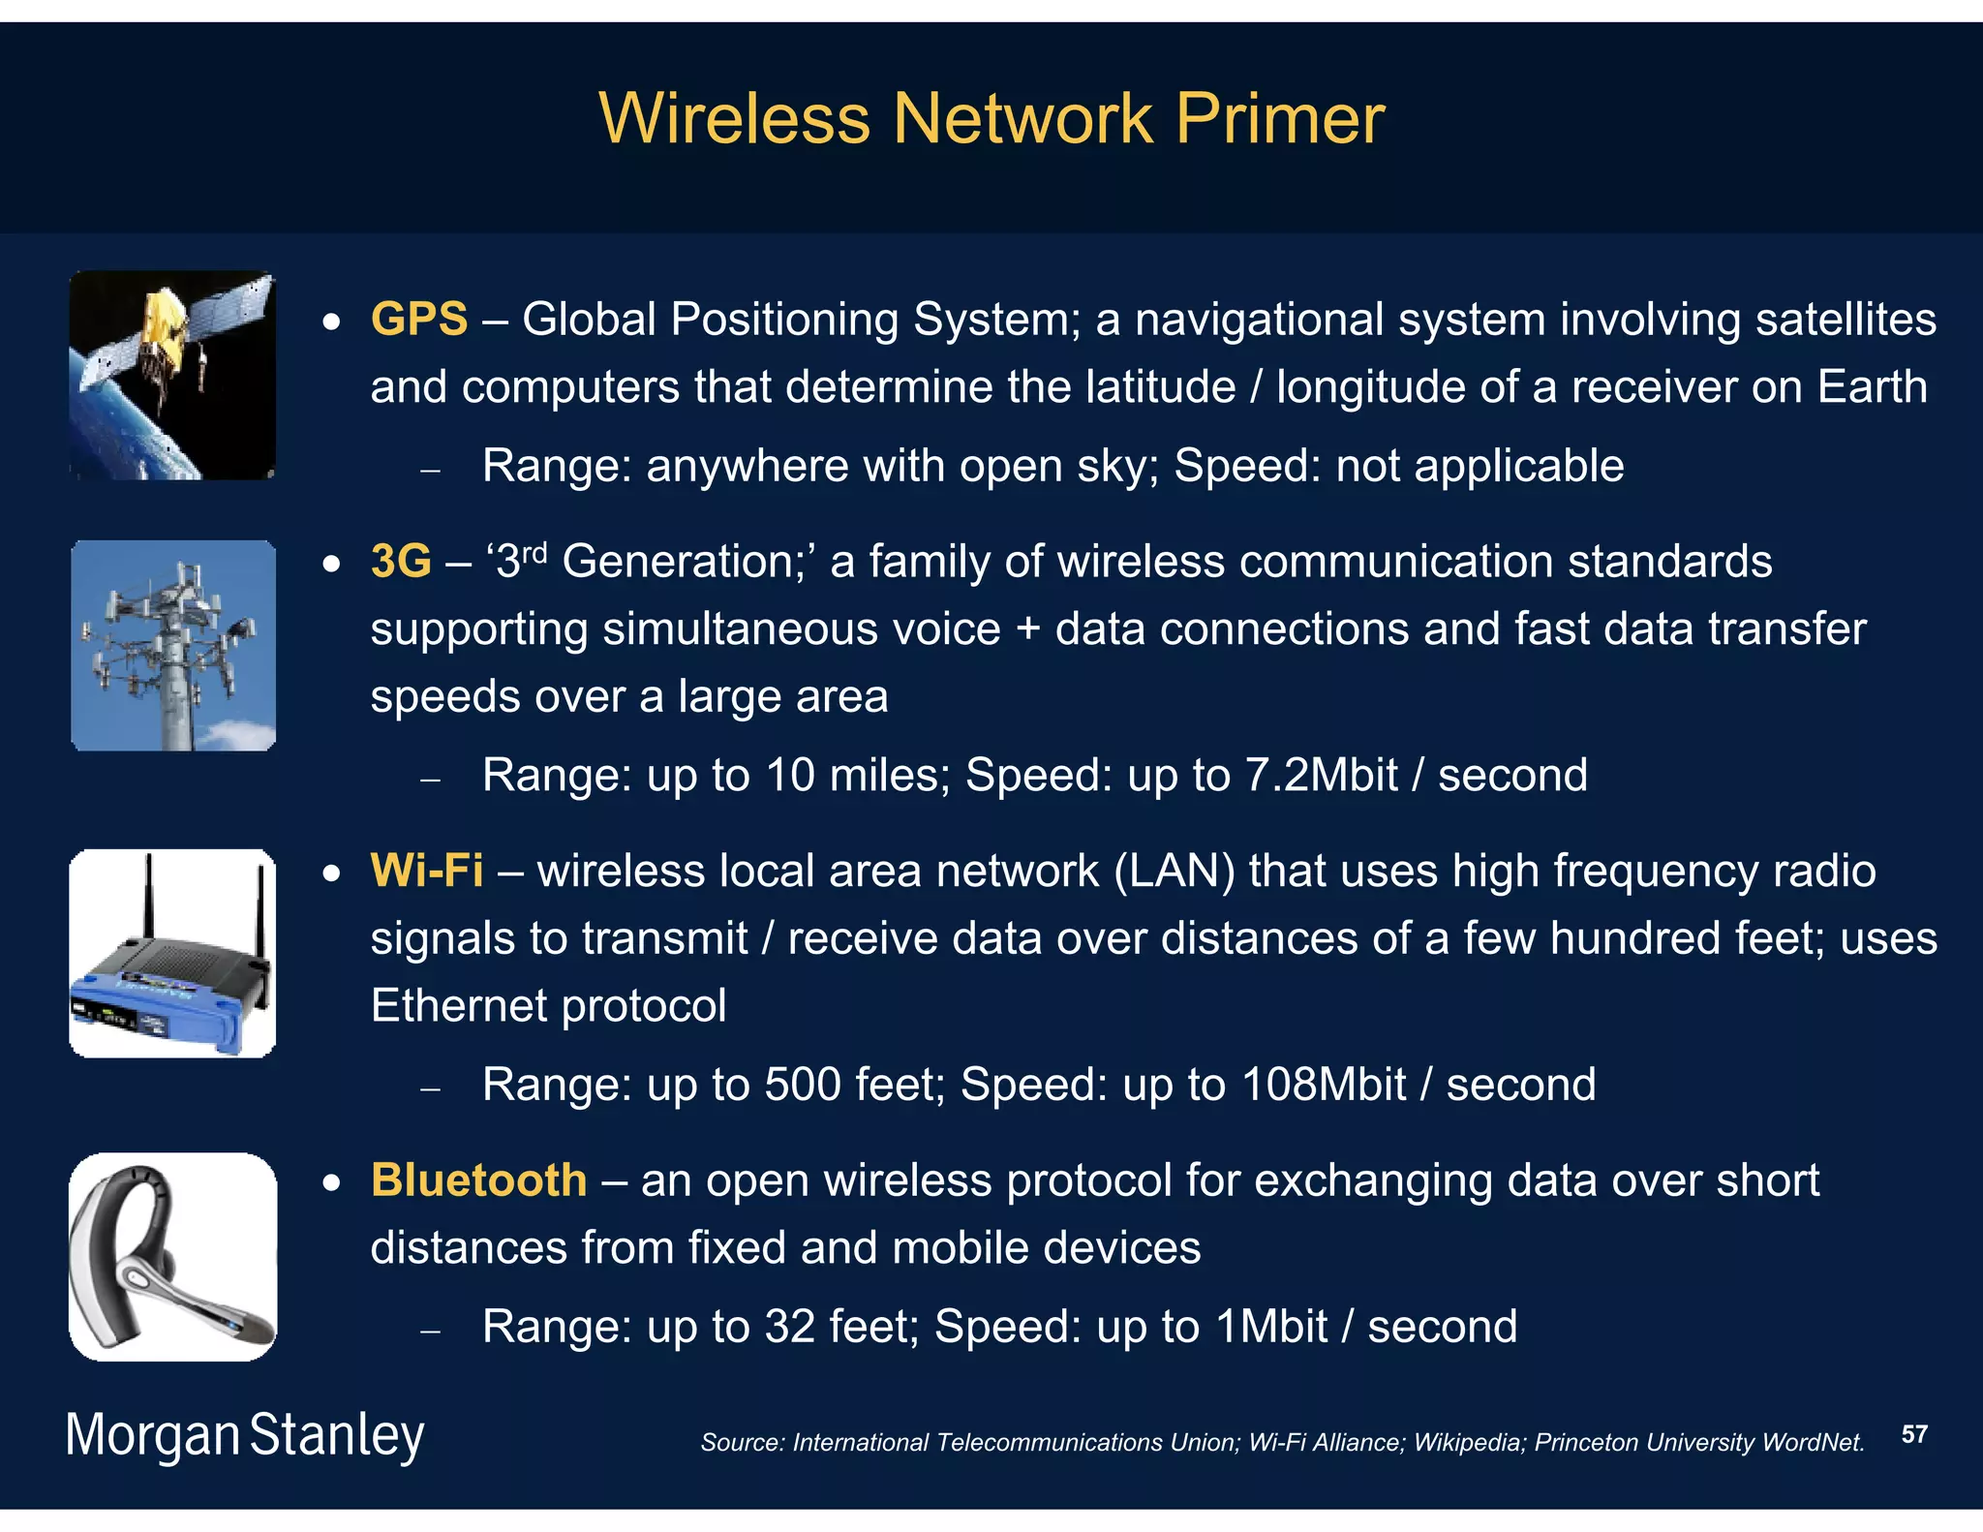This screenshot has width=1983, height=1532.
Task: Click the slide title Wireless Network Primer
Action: pyautogui.click(x=991, y=119)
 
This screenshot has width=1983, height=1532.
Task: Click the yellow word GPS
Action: pyautogui.click(x=418, y=319)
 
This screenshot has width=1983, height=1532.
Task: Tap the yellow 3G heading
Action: pyautogui.click(x=400, y=561)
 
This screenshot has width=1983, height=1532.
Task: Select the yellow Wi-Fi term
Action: pyautogui.click(x=426, y=871)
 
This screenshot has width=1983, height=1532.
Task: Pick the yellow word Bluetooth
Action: pyautogui.click(x=478, y=1180)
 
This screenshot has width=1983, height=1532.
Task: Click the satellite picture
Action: pyautogui.click(x=172, y=375)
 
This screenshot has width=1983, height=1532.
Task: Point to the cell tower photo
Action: pyautogui.click(x=173, y=645)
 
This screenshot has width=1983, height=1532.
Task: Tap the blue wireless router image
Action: pyautogui.click(x=172, y=953)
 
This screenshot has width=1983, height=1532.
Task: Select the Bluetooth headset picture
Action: pyautogui.click(x=172, y=1256)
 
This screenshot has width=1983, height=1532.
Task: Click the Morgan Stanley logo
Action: pyautogui.click(x=244, y=1435)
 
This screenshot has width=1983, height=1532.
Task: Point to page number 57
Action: pyautogui.click(x=1914, y=1434)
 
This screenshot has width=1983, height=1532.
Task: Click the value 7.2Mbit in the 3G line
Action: pyautogui.click(x=1321, y=775)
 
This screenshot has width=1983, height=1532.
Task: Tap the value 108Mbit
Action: pyautogui.click(x=1323, y=1085)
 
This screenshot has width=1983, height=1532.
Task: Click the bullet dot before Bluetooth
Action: pyautogui.click(x=332, y=1182)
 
